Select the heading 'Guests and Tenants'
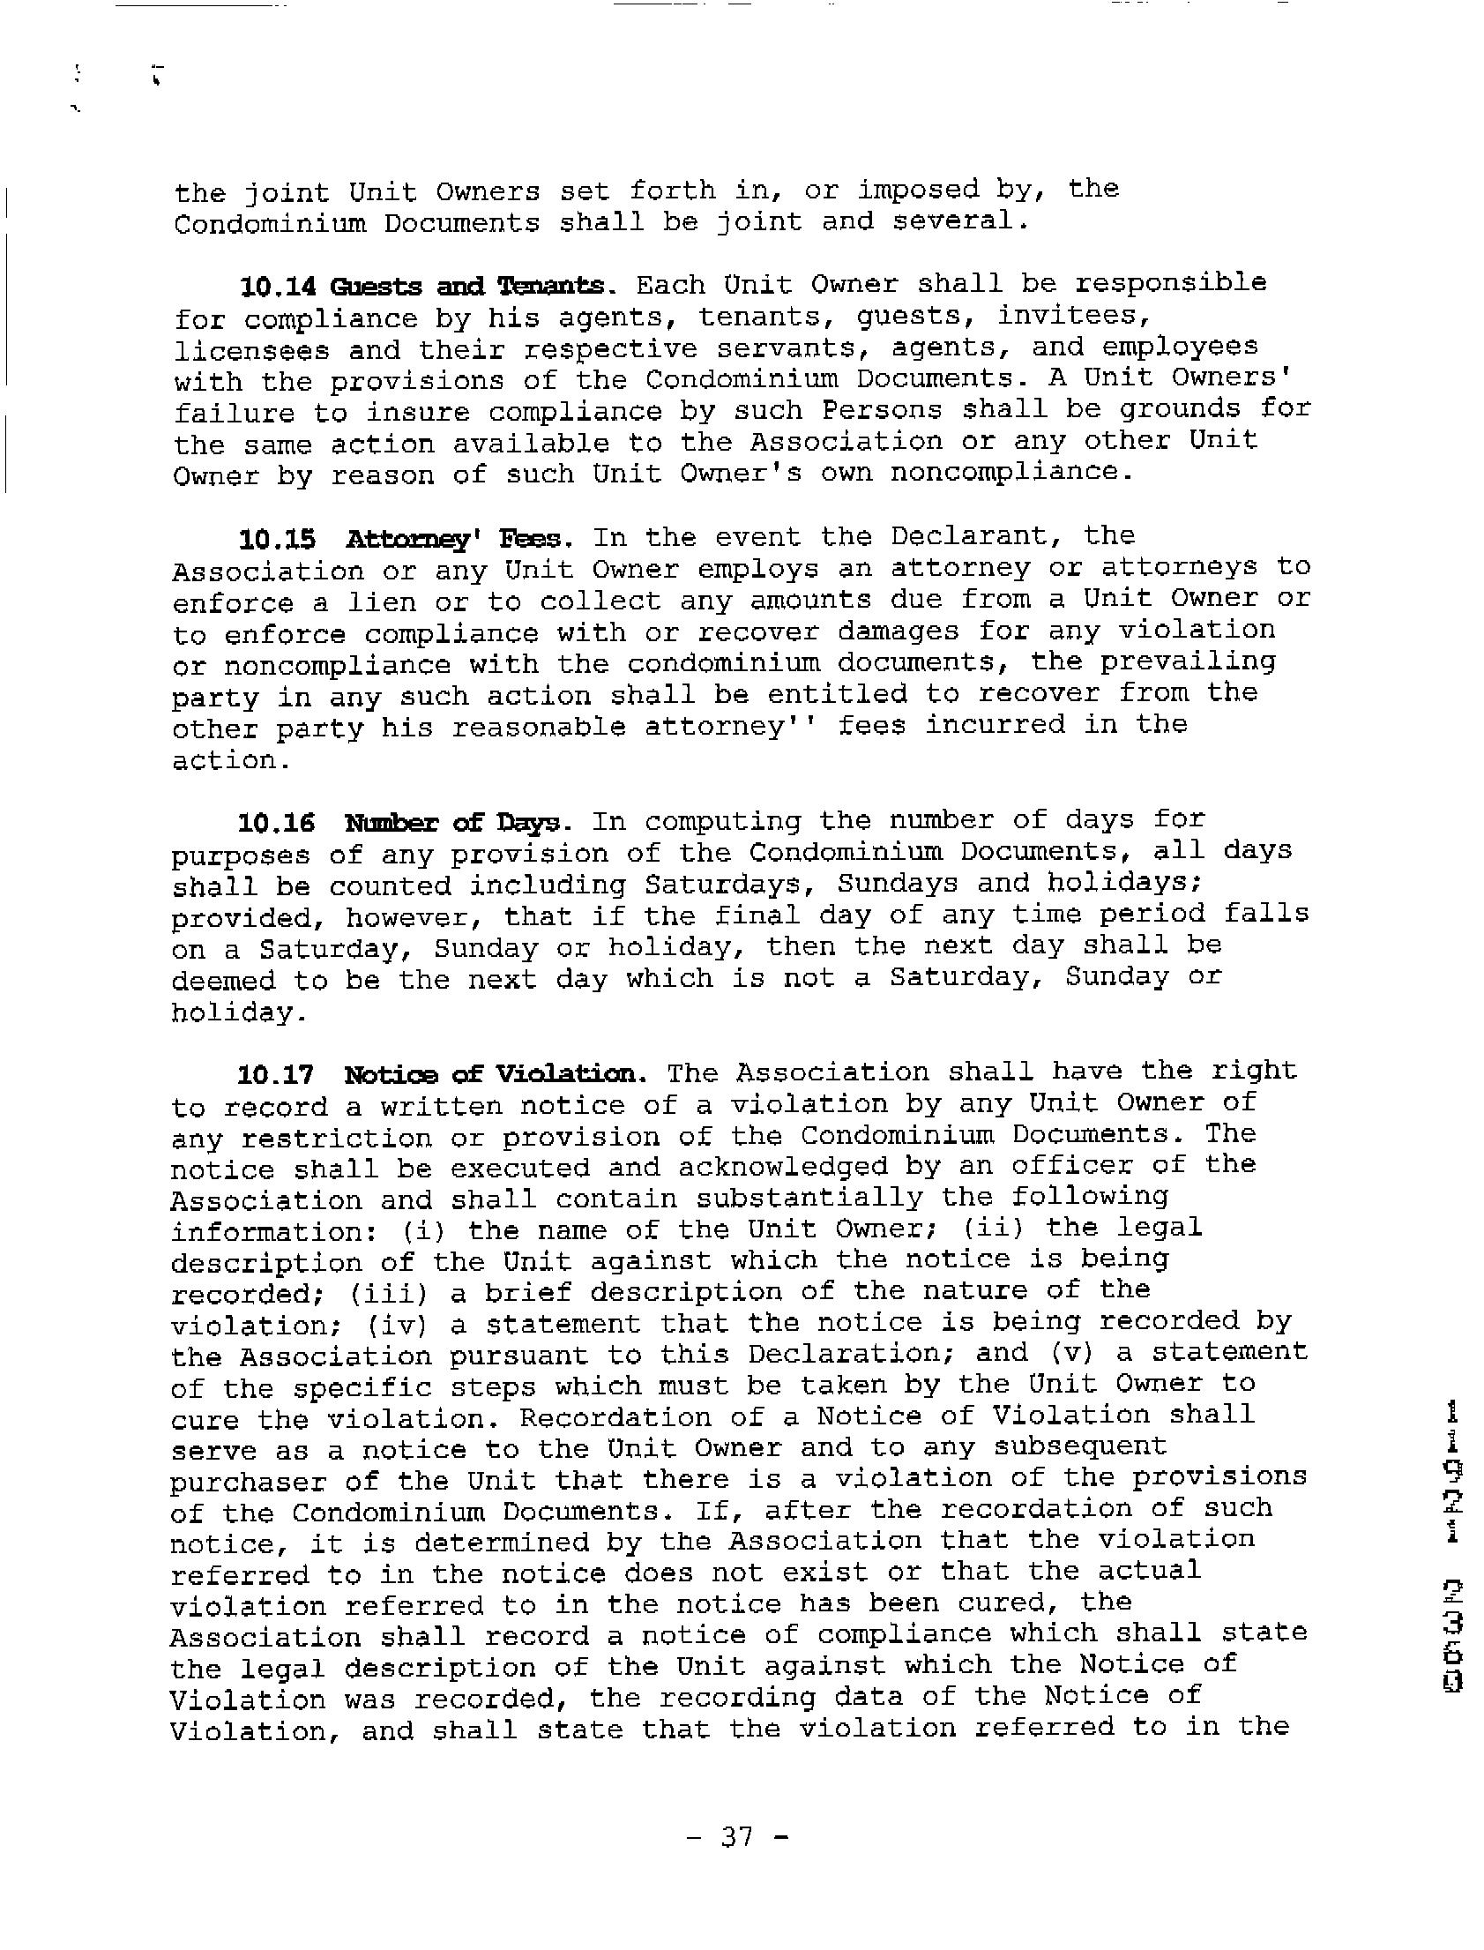[468, 287]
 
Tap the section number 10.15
[277, 539]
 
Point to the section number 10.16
[276, 824]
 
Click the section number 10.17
[276, 1074]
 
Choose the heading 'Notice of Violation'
[496, 1074]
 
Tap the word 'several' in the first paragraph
[959, 220]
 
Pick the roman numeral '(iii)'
[389, 1294]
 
